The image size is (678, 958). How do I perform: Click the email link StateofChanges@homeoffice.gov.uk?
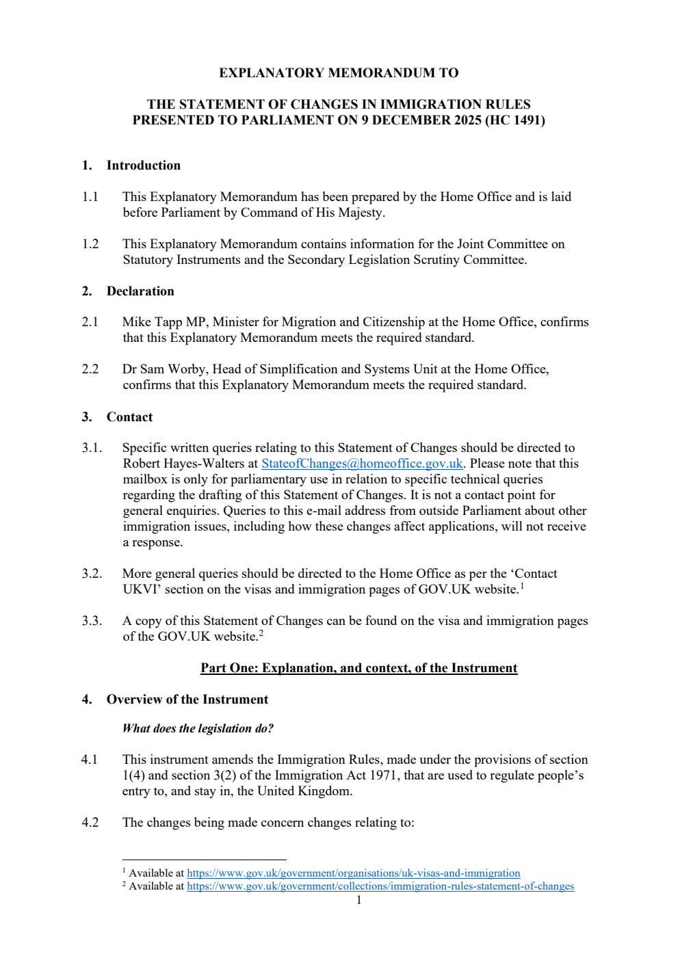[362, 464]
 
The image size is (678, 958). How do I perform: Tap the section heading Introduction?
[143, 165]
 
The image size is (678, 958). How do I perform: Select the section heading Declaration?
[140, 291]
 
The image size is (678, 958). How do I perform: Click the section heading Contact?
[129, 417]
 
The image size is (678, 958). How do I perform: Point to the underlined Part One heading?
[358, 668]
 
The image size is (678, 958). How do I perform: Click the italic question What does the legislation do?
[198, 728]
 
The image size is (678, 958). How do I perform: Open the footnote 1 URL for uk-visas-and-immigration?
[353, 873]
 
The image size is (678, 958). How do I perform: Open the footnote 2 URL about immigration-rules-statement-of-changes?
[380, 886]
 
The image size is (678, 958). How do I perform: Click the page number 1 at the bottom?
[358, 900]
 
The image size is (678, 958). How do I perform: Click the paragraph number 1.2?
[90, 244]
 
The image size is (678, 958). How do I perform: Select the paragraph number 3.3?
[92, 621]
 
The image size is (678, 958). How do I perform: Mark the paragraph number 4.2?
[90, 823]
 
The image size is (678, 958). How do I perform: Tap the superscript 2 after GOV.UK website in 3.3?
[261, 633]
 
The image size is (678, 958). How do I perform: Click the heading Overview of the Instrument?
[187, 700]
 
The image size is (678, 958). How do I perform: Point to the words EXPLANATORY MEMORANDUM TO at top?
[339, 73]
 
